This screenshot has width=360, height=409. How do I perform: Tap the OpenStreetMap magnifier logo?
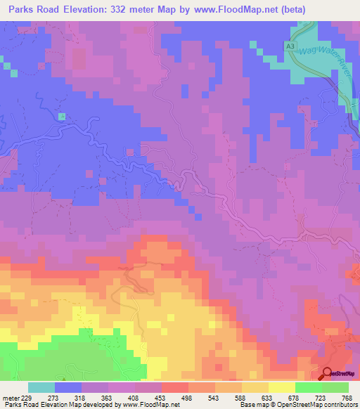(327, 374)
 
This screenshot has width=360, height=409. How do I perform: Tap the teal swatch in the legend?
(41, 387)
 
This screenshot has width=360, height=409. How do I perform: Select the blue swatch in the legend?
(68, 387)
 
